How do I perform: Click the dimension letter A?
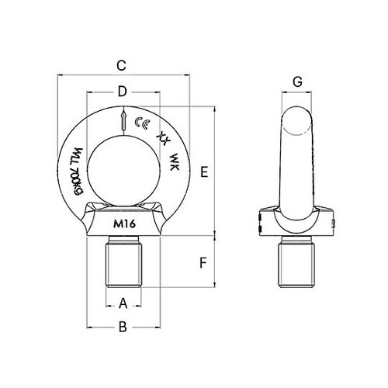123,302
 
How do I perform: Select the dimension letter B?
123,328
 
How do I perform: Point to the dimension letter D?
122,92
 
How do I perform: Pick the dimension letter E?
203,172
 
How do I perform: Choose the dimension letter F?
203,262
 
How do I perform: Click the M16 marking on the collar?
123,224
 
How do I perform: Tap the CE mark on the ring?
141,123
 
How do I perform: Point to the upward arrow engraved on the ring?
123,120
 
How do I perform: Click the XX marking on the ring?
162,137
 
